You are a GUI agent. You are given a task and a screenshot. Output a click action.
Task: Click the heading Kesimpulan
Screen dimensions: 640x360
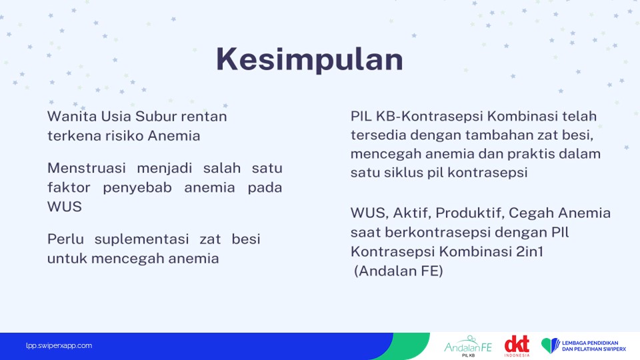coord(309,59)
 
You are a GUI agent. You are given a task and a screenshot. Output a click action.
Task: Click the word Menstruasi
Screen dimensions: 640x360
coord(87,168)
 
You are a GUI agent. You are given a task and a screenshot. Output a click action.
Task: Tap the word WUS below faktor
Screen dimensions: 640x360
coord(65,207)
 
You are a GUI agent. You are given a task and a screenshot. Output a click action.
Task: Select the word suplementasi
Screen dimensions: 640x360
coord(141,239)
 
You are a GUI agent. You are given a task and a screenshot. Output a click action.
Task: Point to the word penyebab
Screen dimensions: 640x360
coord(137,188)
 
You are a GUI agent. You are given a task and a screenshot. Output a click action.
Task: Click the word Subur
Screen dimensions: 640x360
coord(156,116)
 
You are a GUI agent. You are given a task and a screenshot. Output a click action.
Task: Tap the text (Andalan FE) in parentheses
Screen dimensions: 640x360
coord(399,271)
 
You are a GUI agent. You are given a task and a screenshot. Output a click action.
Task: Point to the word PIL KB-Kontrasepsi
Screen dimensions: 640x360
coord(417,116)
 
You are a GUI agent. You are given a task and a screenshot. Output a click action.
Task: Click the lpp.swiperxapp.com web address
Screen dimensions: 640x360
coord(59,346)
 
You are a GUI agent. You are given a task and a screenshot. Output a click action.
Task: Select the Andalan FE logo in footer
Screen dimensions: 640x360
coord(468,347)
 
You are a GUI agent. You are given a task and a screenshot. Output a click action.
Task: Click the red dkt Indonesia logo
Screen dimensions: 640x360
coord(517,346)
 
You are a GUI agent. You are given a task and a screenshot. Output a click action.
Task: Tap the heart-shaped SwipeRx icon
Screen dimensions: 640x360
coord(550,345)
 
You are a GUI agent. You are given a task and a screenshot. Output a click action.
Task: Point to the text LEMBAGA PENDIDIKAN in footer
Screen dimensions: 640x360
coord(590,343)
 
